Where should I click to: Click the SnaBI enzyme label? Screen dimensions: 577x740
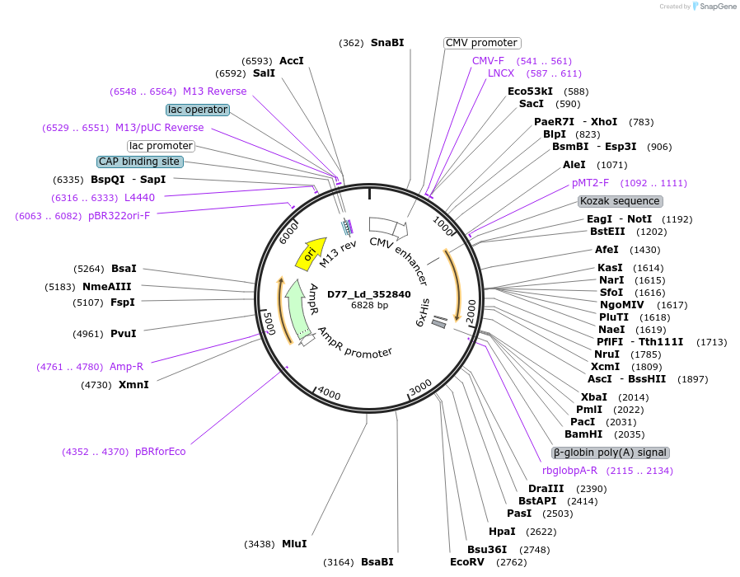point(387,42)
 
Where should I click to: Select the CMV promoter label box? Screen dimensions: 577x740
point(482,43)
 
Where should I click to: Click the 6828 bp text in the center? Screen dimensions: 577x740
point(369,305)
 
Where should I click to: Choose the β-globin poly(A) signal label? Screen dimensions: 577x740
point(611,453)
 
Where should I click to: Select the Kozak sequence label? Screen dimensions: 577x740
point(620,201)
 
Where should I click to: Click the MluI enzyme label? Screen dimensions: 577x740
point(294,544)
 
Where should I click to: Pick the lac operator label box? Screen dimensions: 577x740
point(197,110)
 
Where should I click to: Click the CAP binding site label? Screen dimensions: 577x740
point(138,162)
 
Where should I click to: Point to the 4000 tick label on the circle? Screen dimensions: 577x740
point(329,394)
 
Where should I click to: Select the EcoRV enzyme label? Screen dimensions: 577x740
point(467,562)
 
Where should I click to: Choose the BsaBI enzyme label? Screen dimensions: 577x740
point(377,562)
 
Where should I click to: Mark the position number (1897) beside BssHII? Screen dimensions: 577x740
point(693,379)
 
